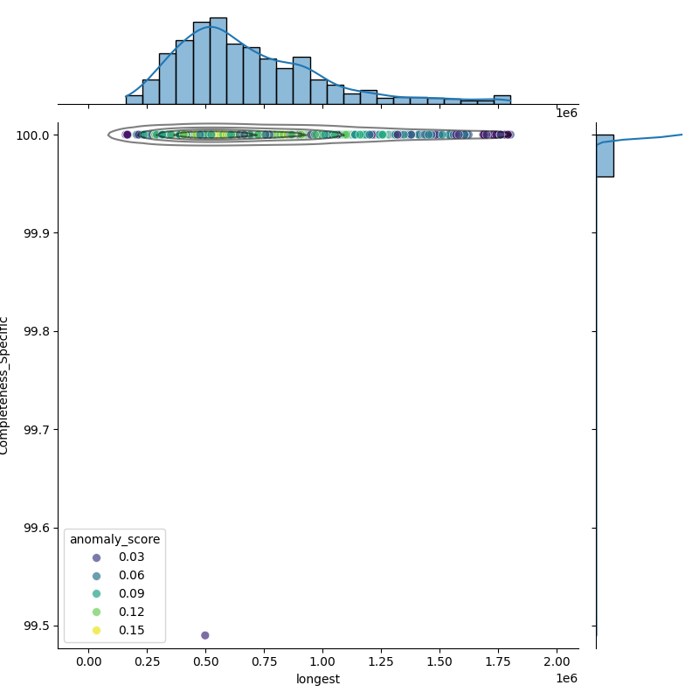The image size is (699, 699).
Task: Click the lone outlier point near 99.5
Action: (x=204, y=635)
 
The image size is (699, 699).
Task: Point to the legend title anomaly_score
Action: (x=114, y=538)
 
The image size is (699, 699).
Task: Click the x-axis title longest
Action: (x=318, y=679)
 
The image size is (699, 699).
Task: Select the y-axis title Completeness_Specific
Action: (x=5, y=385)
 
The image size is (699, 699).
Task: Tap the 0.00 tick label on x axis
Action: (x=88, y=662)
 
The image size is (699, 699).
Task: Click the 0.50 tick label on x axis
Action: (x=205, y=662)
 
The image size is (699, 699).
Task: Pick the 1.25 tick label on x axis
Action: (x=382, y=662)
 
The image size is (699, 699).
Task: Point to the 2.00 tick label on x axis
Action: (x=557, y=662)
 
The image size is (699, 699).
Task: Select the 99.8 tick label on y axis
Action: (x=37, y=332)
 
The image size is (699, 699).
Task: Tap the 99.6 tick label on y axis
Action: (x=37, y=528)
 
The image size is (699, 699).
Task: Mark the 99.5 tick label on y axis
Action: (x=37, y=626)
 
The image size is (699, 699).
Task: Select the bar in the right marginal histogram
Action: (x=605, y=156)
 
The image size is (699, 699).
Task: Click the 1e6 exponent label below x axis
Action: (x=567, y=679)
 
